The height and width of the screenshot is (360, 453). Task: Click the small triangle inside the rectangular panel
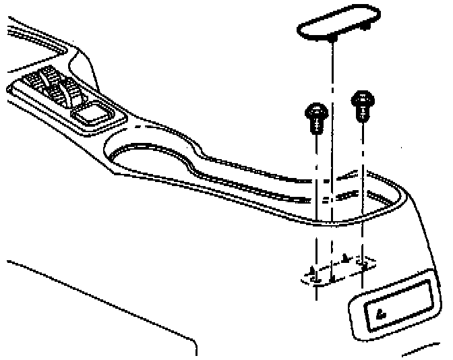point(381,311)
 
